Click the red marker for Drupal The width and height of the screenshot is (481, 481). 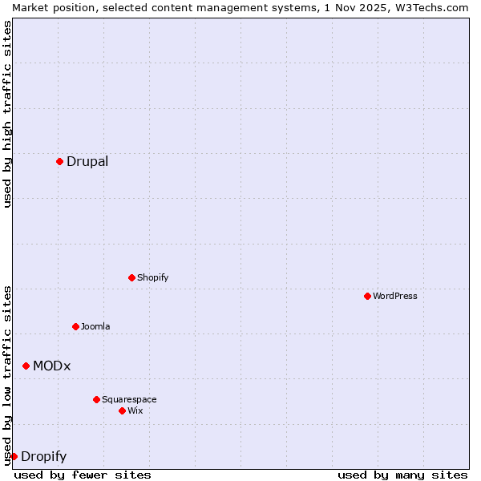pyautogui.click(x=59, y=161)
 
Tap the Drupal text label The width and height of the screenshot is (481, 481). pyautogui.click(x=87, y=162)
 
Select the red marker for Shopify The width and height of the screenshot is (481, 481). pyautogui.click(x=131, y=277)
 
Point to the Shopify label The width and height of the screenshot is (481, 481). pyautogui.click(x=152, y=278)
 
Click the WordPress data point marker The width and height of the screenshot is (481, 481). pyautogui.click(x=367, y=296)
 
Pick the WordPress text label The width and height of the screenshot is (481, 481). pyautogui.click(x=394, y=297)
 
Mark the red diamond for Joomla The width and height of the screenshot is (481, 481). pyautogui.click(x=75, y=326)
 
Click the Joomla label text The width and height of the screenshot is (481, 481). pyautogui.click(x=95, y=327)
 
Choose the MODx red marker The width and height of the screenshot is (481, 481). pyautogui.click(x=26, y=366)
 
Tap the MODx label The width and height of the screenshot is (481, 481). pyautogui.click(x=51, y=366)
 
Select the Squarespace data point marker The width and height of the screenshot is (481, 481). pyautogui.click(x=96, y=399)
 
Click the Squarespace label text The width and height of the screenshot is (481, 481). pyautogui.click(x=129, y=400)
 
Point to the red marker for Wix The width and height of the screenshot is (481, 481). pyautogui.click(x=122, y=410)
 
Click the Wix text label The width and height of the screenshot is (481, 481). pyautogui.click(x=135, y=411)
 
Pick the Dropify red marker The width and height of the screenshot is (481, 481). pyautogui.click(x=14, y=456)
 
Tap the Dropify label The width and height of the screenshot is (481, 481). pyautogui.click(x=43, y=457)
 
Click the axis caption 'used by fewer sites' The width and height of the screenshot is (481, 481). pyautogui.click(x=83, y=475)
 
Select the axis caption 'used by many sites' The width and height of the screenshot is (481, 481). pyautogui.click(x=402, y=475)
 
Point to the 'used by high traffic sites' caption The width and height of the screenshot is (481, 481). pyautogui.click(x=7, y=114)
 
